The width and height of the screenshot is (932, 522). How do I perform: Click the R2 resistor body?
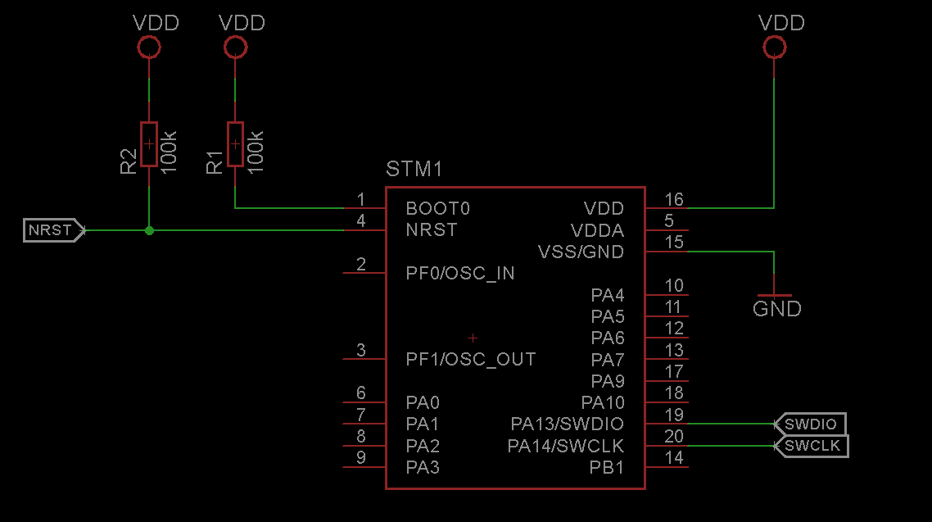[148, 144]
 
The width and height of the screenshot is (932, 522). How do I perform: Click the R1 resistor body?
[235, 144]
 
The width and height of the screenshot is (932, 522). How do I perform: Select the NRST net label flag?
[53, 230]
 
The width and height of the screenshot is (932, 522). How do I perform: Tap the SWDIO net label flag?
[810, 424]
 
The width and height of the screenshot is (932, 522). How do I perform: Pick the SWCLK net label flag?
[812, 446]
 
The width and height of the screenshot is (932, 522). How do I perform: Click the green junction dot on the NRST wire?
[149, 230]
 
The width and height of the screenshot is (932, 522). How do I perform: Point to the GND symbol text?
[777, 309]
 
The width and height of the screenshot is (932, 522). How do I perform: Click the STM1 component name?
[414, 170]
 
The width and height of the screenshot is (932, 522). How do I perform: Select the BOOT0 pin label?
[437, 209]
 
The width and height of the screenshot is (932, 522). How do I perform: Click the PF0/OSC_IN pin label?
[460, 274]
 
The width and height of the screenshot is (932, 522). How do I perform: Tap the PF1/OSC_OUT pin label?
[471, 360]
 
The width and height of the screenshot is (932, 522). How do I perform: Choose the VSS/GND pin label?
[581, 252]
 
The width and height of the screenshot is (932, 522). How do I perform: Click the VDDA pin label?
[597, 230]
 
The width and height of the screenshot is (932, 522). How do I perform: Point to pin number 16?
[674, 199]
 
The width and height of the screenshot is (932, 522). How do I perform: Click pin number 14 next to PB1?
[674, 458]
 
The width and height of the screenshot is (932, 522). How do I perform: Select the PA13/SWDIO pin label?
[567, 424]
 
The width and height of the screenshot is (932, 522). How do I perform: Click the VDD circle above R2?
[149, 47]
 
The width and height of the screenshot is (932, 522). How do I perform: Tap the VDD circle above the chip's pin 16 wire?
[775, 47]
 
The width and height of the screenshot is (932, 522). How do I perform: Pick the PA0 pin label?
[423, 403]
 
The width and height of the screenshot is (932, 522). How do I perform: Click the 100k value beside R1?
[255, 152]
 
